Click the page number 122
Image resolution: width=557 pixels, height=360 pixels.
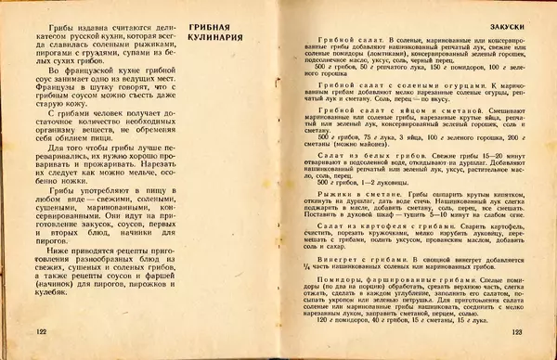[x=41, y=330]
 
